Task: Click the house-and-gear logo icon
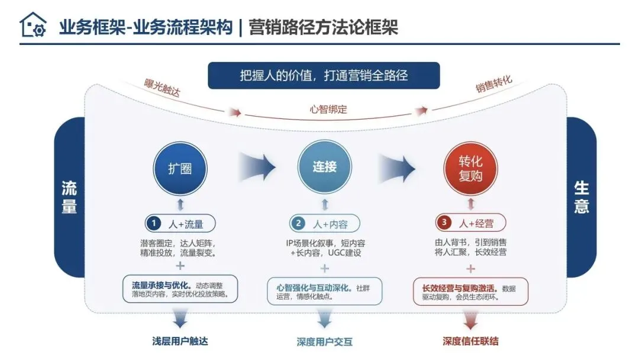(x=33, y=25)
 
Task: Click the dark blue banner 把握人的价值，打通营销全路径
(x=324, y=76)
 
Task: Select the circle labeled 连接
(x=324, y=168)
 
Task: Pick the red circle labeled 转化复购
(x=470, y=168)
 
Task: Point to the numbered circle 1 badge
(x=154, y=223)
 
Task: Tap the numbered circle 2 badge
(x=299, y=223)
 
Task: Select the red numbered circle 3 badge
(x=444, y=223)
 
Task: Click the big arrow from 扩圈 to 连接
(x=256, y=167)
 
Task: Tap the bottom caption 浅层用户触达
(x=180, y=341)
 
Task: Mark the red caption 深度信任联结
(x=470, y=341)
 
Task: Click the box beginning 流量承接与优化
(x=180, y=289)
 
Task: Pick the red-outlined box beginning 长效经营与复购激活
(x=470, y=291)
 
